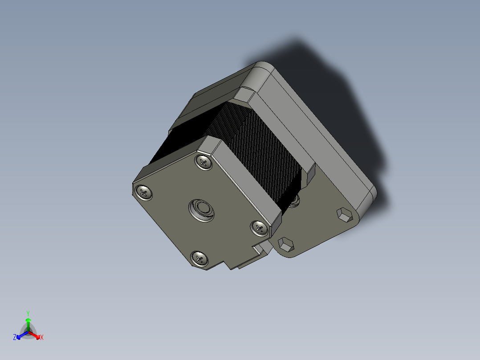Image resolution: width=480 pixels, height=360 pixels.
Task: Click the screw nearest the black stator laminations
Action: [204, 162]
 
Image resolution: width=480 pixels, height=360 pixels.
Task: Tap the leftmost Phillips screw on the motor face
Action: [143, 192]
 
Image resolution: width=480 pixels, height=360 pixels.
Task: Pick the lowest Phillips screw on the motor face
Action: [199, 258]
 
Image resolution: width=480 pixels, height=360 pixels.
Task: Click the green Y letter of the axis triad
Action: [28, 313]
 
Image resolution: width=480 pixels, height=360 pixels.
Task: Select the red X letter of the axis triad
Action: [42, 338]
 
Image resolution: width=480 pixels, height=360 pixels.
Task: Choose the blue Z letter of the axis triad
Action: [15, 337]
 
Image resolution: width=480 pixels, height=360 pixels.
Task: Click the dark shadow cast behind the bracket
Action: [338, 89]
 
